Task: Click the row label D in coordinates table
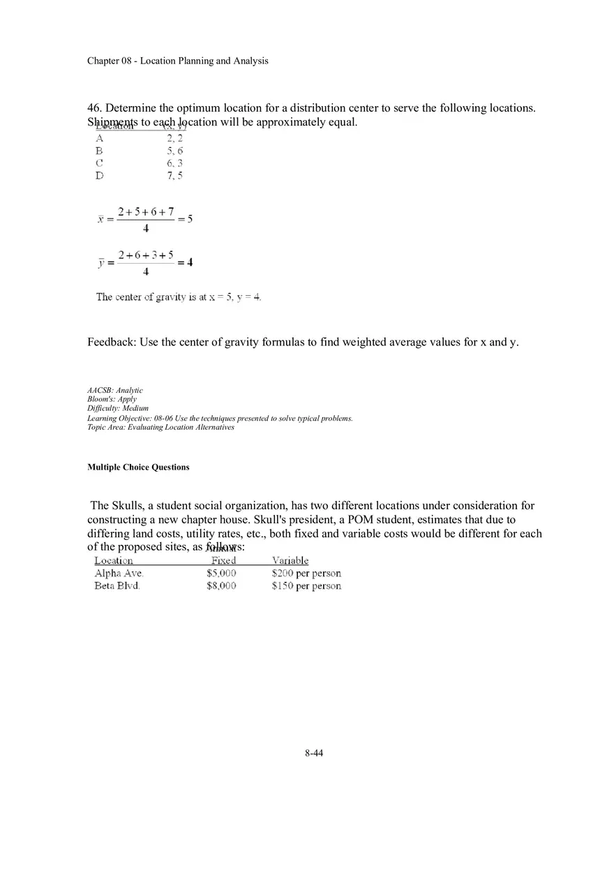click(x=99, y=176)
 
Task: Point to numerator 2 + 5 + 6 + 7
click(x=145, y=211)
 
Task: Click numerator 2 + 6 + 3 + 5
click(x=145, y=255)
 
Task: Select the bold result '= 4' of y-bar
click(x=186, y=263)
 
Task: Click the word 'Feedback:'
click(x=112, y=343)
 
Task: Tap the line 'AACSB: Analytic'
click(x=115, y=391)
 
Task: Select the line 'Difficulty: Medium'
click(x=118, y=409)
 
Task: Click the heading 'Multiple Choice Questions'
click(x=138, y=467)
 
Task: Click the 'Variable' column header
click(x=290, y=561)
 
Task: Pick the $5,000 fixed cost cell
click(x=221, y=573)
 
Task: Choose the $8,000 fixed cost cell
click(x=221, y=586)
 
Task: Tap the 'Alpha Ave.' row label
click(x=119, y=573)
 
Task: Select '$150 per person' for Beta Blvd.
click(x=306, y=586)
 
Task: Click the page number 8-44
click(x=314, y=753)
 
